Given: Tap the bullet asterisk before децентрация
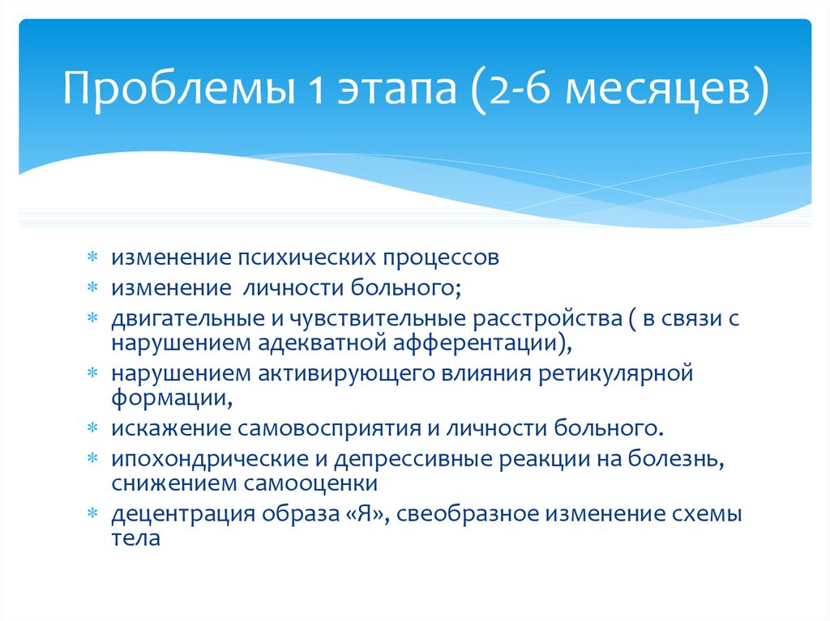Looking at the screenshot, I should pos(93,513).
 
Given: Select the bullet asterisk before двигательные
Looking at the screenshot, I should pos(93,318).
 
